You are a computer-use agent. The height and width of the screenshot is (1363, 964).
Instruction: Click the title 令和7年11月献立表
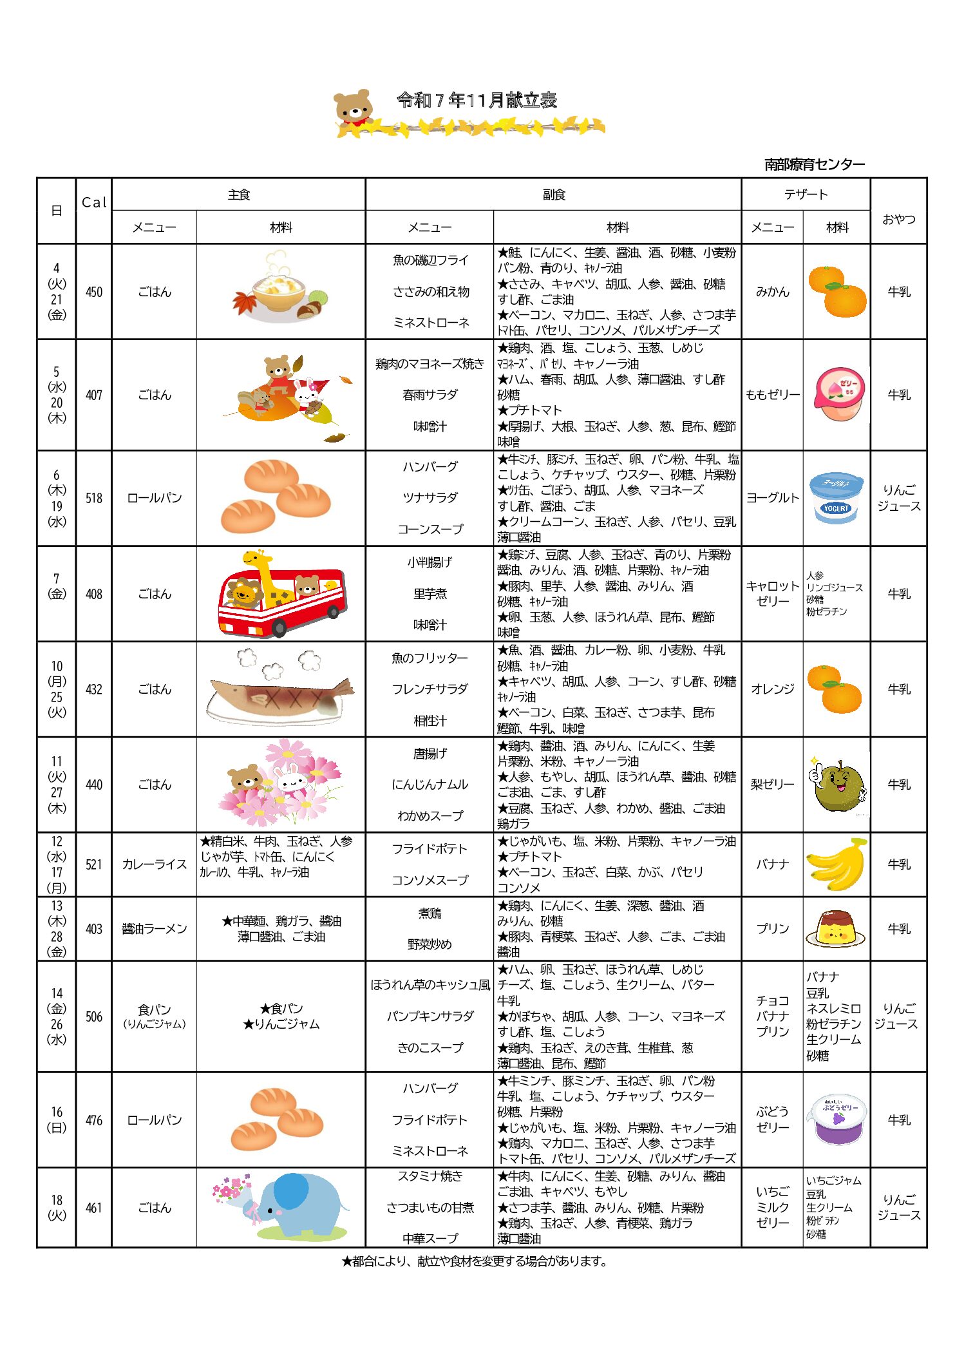477,100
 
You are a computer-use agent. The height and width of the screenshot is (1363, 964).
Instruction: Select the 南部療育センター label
814,165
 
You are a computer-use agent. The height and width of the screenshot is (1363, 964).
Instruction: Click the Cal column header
94,202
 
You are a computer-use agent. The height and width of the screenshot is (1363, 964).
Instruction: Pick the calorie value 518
94,498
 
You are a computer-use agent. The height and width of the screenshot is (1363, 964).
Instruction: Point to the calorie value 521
94,864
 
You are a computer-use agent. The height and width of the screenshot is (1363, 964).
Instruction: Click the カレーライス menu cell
155,864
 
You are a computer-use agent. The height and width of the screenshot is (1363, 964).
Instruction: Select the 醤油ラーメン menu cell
155,929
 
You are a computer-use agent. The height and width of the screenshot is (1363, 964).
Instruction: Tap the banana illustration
836,864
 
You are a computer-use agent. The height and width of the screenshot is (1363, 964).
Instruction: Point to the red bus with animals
281,594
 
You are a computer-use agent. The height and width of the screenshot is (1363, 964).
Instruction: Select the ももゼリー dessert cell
773,395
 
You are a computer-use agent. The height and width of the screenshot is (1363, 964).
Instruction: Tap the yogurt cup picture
836,498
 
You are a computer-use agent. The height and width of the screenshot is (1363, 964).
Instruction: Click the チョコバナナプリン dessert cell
773,1016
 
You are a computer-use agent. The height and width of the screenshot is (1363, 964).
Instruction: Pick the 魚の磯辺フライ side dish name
430,260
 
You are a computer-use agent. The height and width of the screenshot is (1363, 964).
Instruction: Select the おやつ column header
898,220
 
